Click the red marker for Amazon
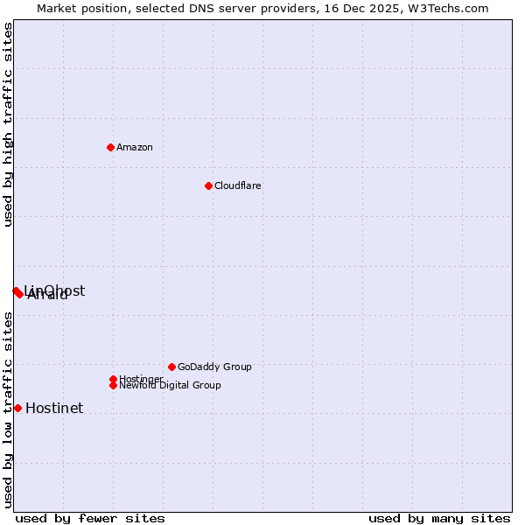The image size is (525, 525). pyautogui.click(x=110, y=147)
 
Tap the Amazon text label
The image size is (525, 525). pyautogui.click(x=135, y=148)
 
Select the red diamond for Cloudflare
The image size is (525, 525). pyautogui.click(x=208, y=185)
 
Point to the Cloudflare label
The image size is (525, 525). pyautogui.click(x=238, y=186)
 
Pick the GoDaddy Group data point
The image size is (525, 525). pyautogui.click(x=171, y=367)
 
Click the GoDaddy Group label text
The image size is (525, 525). pyautogui.click(x=214, y=367)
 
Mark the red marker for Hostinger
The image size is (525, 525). pyautogui.click(x=113, y=379)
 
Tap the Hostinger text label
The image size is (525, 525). pyautogui.click(x=141, y=379)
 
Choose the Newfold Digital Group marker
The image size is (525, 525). pyautogui.click(x=113, y=385)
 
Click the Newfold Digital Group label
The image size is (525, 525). pyautogui.click(x=171, y=386)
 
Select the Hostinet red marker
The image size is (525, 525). pyautogui.click(x=17, y=408)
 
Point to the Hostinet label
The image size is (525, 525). pyautogui.click(x=54, y=409)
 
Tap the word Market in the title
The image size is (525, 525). pyautogui.click(x=56, y=9)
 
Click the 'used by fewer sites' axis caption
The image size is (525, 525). pyautogui.click(x=90, y=518)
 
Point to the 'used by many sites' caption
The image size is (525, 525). pyautogui.click(x=439, y=518)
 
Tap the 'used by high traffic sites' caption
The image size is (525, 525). pyautogui.click(x=9, y=125)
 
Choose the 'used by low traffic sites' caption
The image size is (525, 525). pyautogui.click(x=9, y=409)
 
